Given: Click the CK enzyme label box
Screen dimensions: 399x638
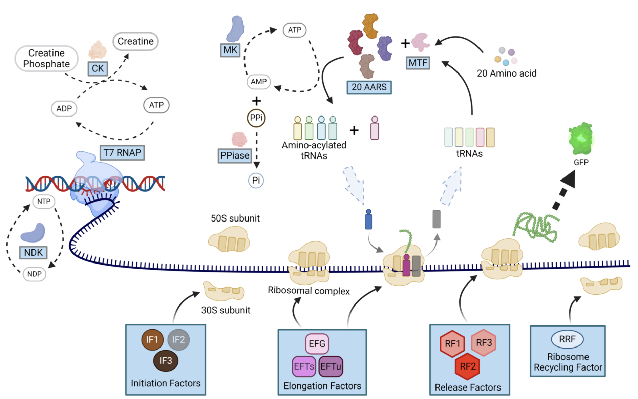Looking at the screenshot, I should pos(98,68).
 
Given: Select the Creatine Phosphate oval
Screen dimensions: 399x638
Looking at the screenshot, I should pos(46,59).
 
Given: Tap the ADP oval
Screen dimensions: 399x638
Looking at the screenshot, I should pos(64,109).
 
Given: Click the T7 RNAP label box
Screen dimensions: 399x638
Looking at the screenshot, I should pos(122,152).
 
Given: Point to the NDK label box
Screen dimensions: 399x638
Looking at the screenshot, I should pos(33,252).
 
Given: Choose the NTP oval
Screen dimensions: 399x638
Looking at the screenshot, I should pos(44,202).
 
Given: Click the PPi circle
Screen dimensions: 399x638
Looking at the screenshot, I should pos(256,118).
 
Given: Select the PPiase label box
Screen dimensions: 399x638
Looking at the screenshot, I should pos(234,155).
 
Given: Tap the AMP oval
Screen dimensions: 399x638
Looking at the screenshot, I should pos(259,82).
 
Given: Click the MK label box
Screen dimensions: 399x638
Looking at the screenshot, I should pos(230,50).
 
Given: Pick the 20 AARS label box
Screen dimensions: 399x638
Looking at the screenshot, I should pos(369,87).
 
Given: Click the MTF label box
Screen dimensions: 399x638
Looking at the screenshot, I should pos(418,63).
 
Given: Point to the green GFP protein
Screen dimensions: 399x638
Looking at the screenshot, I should pos(580,139).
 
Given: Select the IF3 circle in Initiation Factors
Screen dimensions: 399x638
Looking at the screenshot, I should pos(166,361).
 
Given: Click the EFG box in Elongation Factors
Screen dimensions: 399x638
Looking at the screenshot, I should pos(317,344).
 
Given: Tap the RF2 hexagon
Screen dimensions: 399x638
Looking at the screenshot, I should pos(468,366).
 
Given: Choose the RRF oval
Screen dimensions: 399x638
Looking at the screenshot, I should pos(567,339).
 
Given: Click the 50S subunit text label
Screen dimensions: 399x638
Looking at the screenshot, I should pos(235,218).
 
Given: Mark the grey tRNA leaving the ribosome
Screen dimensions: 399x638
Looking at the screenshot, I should pos(437,219).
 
